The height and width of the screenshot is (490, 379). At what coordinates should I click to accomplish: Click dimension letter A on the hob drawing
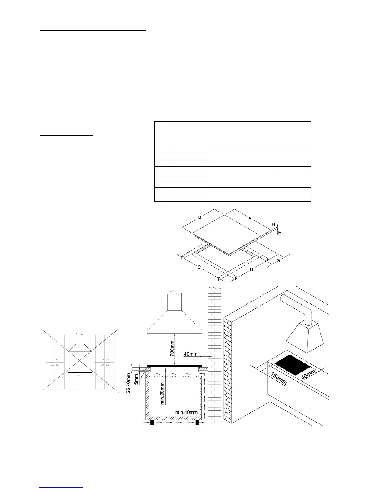250,218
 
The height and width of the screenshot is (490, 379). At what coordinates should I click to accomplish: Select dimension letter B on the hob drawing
200,217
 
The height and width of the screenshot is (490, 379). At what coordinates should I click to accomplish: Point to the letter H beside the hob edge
273,225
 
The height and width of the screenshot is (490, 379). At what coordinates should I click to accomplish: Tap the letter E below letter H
279,232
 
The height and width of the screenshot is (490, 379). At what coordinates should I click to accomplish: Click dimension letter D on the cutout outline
251,270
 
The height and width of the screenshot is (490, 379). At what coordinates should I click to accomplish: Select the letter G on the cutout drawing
278,261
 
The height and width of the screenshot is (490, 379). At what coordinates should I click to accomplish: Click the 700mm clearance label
172,348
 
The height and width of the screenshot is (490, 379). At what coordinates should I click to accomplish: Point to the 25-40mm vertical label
128,383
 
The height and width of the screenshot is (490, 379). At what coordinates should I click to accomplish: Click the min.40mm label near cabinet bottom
186,412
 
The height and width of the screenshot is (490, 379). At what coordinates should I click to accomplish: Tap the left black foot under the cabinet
152,423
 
